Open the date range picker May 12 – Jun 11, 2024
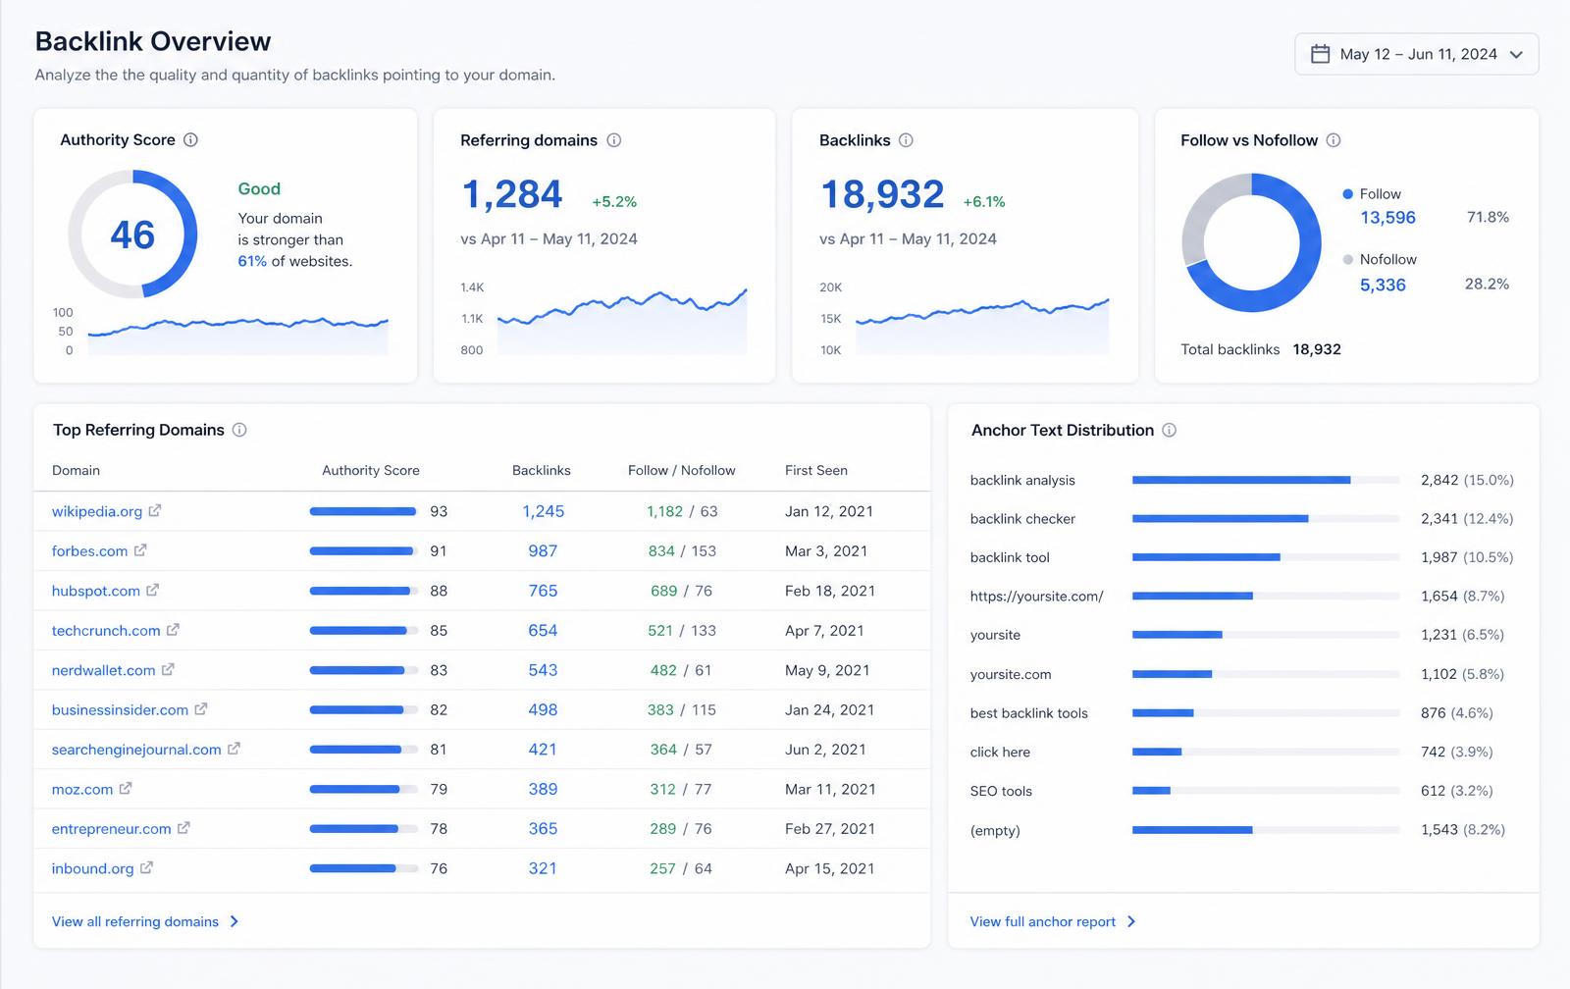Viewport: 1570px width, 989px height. click(1417, 54)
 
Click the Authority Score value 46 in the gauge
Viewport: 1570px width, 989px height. click(132, 234)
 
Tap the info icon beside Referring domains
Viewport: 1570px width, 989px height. click(614, 140)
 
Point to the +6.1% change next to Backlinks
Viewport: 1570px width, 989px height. click(984, 202)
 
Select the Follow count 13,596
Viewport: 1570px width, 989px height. click(1387, 217)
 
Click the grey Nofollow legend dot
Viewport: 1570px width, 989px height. click(1347, 259)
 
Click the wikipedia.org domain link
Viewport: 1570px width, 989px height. click(97, 512)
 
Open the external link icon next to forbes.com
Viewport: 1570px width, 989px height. click(140, 550)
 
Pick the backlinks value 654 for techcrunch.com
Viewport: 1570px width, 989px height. click(543, 630)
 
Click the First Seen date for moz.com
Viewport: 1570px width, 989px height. click(830, 789)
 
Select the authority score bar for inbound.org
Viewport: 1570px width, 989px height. click(364, 868)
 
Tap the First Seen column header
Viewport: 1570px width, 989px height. click(815, 470)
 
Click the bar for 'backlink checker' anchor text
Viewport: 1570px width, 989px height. click(1221, 519)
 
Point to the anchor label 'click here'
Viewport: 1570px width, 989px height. click(1000, 753)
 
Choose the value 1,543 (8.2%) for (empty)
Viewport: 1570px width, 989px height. click(1463, 830)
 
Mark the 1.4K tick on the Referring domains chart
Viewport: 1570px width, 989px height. click(472, 287)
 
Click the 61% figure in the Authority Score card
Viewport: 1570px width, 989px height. click(252, 261)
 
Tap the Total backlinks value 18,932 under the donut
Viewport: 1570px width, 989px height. click(1316, 349)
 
